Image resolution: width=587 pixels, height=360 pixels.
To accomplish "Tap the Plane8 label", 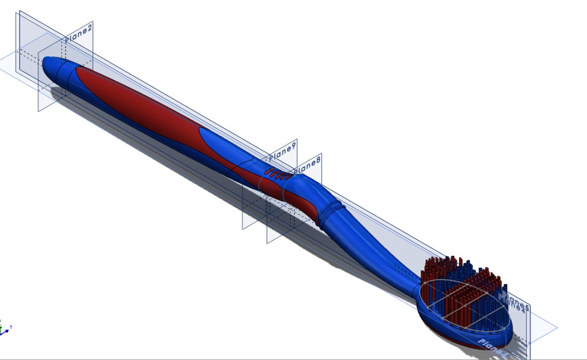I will (307, 164).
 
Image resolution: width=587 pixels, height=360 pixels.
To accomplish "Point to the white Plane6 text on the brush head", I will (492, 345).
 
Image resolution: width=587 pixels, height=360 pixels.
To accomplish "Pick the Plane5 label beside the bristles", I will (515, 301).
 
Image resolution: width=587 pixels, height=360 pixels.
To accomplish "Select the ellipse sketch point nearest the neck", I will (422, 287).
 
